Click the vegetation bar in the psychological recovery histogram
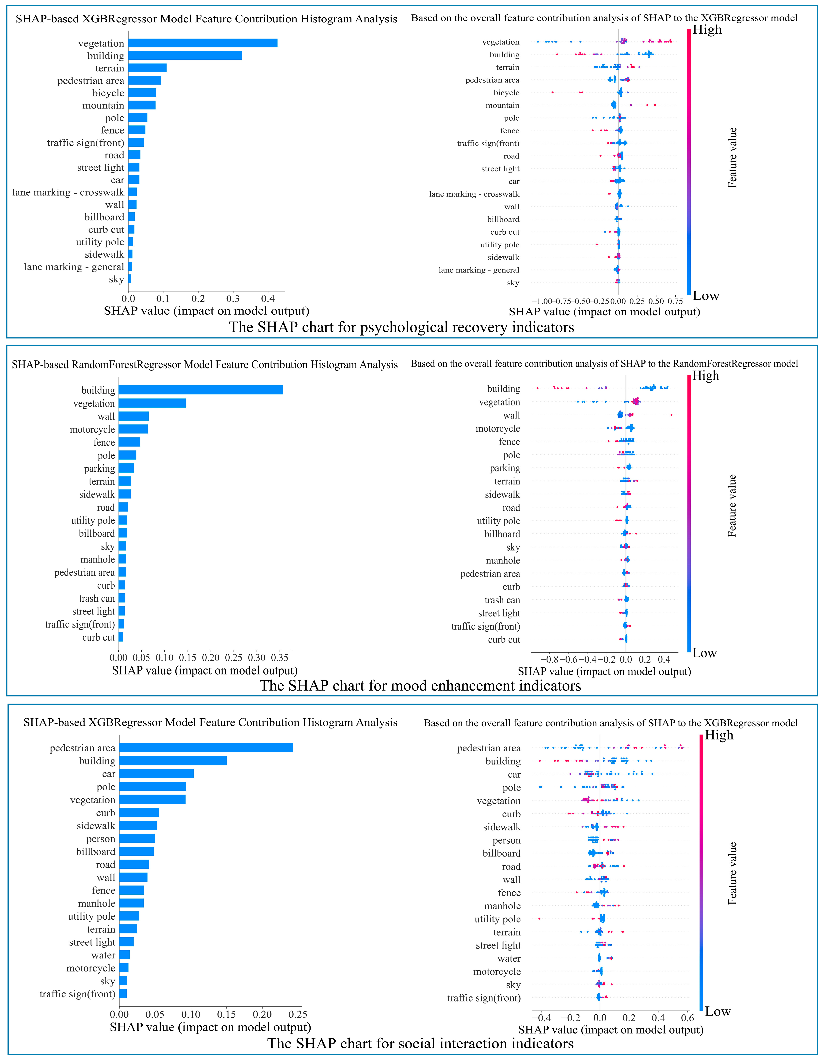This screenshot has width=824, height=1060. [x=203, y=43]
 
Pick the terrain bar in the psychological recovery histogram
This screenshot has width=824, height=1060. [x=148, y=68]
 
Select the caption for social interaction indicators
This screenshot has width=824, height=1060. [x=420, y=1043]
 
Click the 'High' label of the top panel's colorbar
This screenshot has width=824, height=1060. [x=707, y=30]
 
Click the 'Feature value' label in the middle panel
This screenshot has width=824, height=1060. [x=732, y=506]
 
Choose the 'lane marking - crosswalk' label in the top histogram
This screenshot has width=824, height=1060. [x=68, y=192]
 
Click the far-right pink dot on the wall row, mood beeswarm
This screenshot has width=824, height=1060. [x=671, y=415]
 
